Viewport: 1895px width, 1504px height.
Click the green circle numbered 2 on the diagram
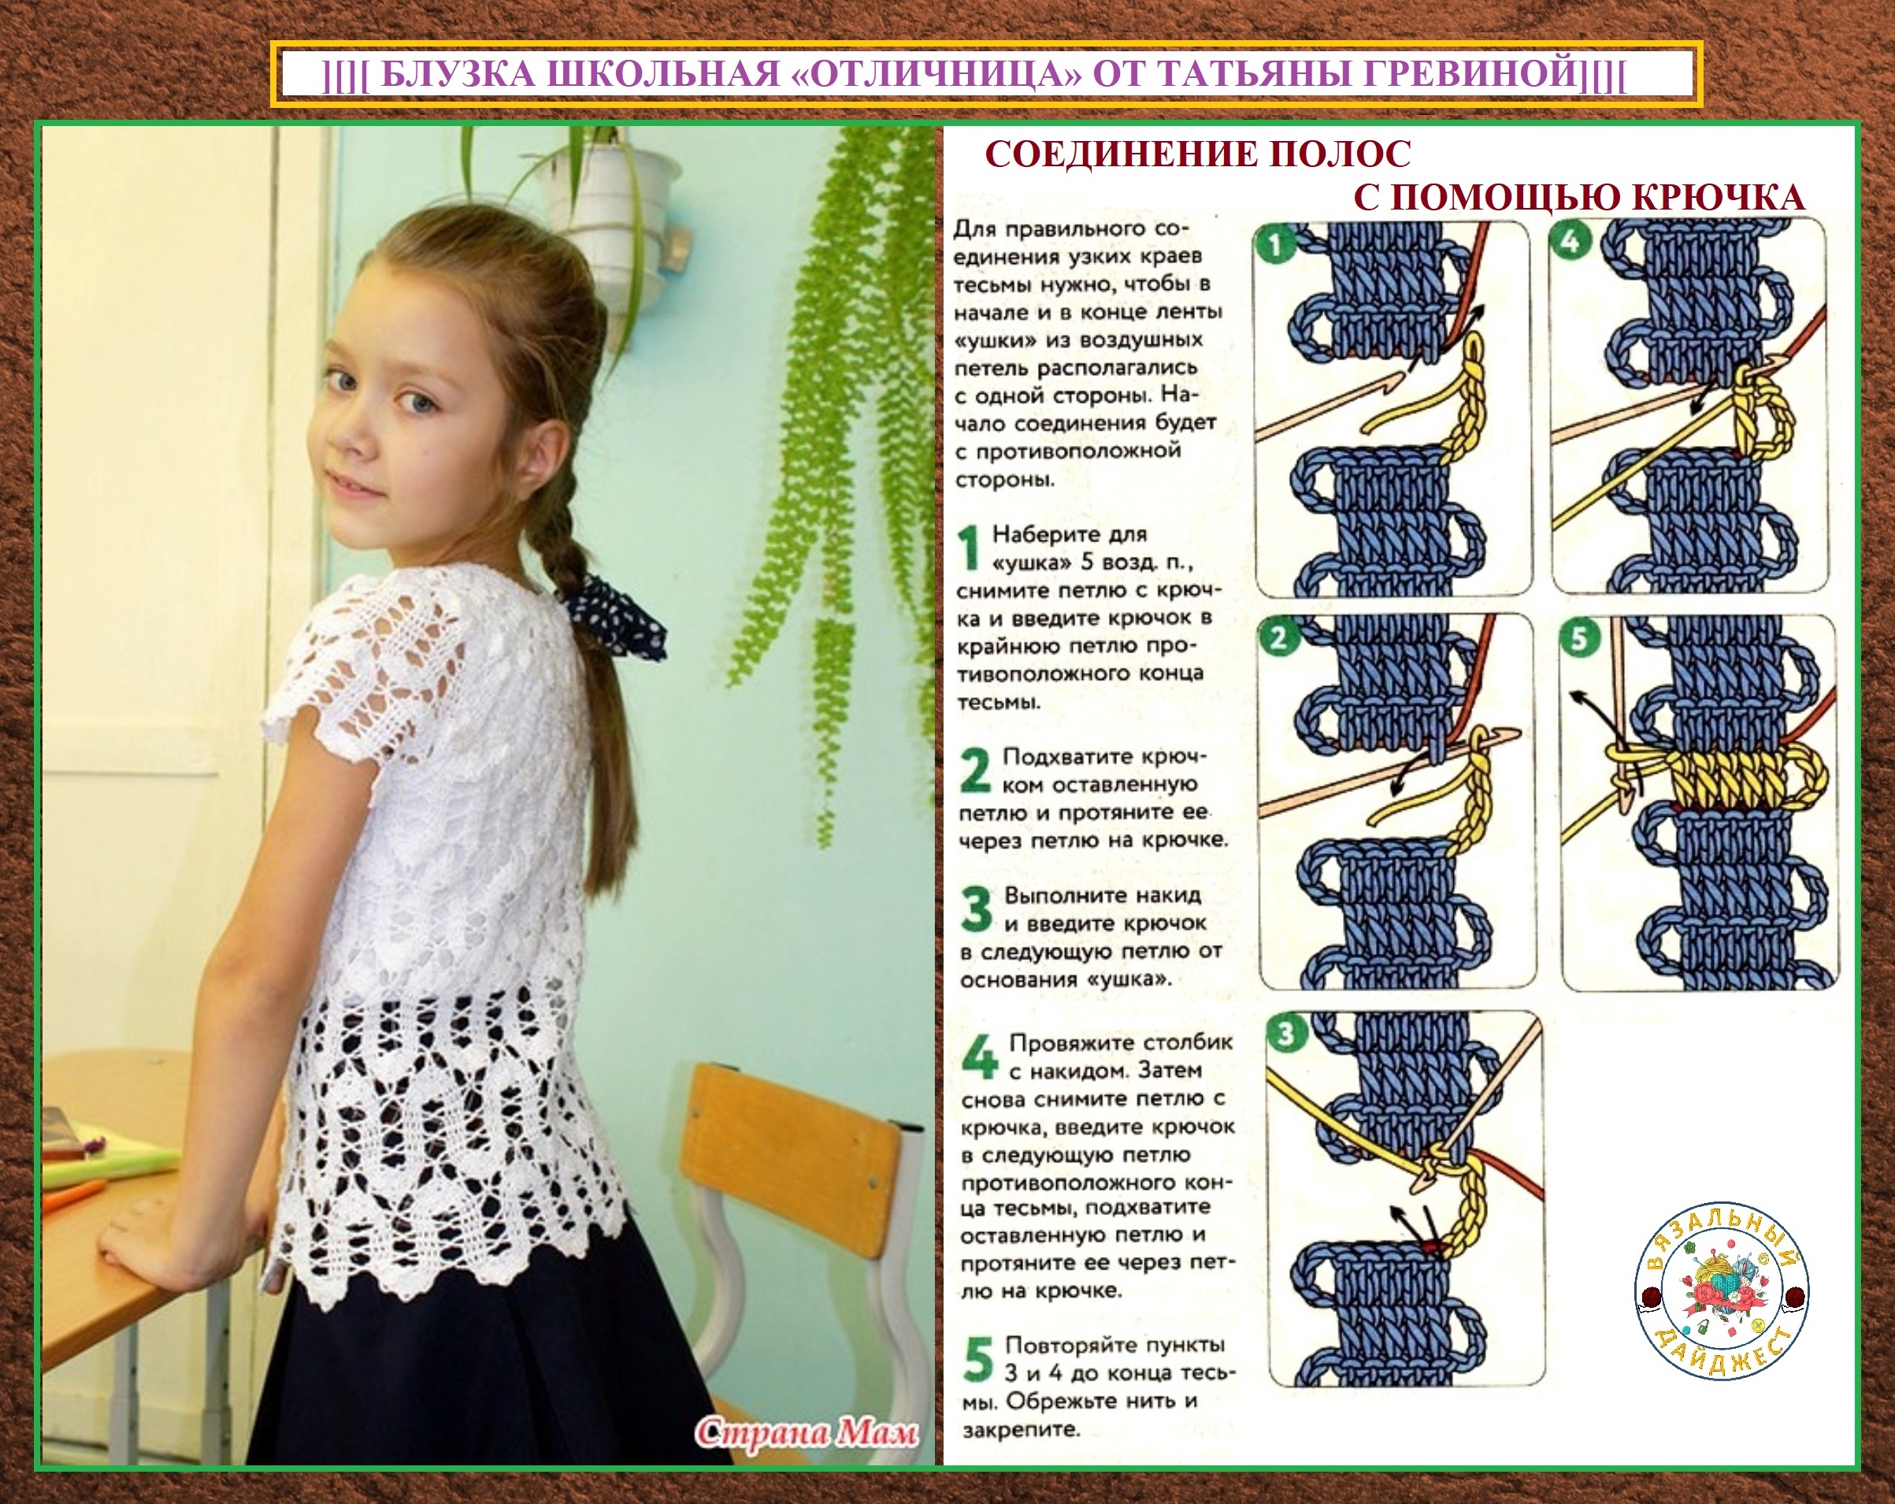1279,637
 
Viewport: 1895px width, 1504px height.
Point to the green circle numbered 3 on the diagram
1287,1033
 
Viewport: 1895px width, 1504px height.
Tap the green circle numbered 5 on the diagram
1579,638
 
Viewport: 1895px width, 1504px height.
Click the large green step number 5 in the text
979,1358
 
